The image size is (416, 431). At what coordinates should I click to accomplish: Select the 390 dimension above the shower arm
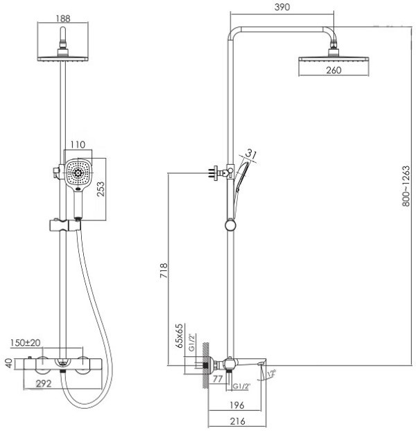coord(282,8)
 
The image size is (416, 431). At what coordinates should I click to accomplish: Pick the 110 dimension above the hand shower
coord(76,146)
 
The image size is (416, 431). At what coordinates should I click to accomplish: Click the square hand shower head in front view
coord(80,173)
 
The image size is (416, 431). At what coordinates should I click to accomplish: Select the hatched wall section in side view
coord(203,364)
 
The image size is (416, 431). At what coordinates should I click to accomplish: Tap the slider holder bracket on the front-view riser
coord(63,225)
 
